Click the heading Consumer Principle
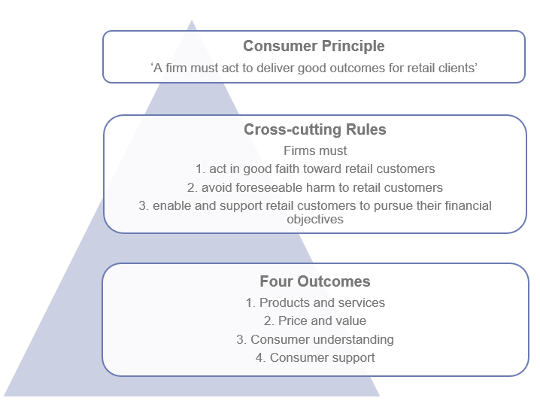(x=314, y=47)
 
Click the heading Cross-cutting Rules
(x=314, y=130)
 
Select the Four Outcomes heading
(x=314, y=282)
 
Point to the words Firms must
(x=314, y=150)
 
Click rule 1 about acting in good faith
(x=314, y=169)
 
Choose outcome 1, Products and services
(x=314, y=302)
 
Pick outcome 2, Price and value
(x=314, y=320)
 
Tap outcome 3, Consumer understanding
(x=314, y=339)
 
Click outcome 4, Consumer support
(x=314, y=357)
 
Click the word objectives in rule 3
(x=314, y=220)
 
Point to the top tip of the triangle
(x=192, y=22)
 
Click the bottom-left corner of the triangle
(x=5, y=395)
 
